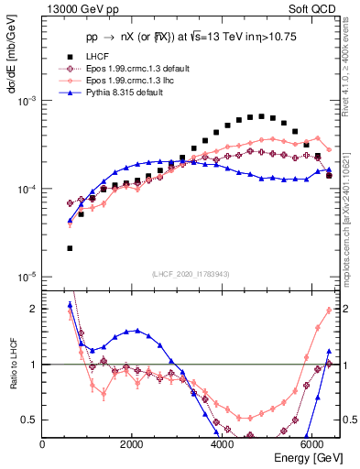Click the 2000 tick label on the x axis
click(132, 445)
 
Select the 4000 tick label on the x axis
click(222, 445)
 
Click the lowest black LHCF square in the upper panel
click(71, 248)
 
